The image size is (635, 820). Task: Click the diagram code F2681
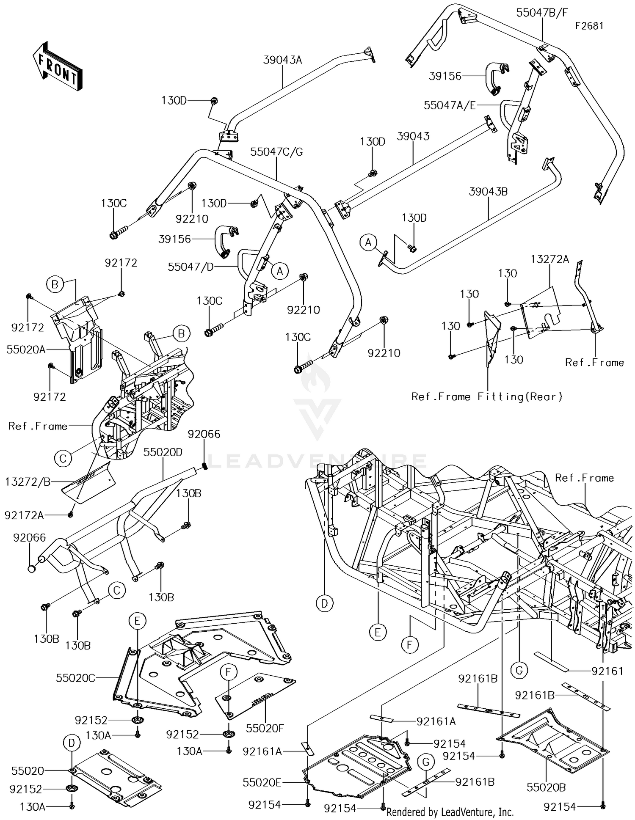tap(589, 26)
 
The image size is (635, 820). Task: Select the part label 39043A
tap(282, 60)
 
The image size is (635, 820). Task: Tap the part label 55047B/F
tap(542, 13)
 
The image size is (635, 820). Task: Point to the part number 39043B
tap(488, 192)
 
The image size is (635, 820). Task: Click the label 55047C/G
tap(276, 152)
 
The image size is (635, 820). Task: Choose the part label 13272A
tap(550, 259)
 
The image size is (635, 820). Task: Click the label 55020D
tap(163, 452)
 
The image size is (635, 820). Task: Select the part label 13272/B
tap(28, 482)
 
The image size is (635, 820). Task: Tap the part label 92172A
tap(24, 515)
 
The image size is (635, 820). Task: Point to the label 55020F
tap(265, 728)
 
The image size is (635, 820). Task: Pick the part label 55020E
tap(262, 783)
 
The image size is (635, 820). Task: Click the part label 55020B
tap(546, 787)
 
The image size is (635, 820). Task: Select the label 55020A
tap(26, 349)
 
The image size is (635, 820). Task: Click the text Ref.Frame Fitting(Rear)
tap(487, 396)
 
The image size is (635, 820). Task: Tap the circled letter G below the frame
tap(519, 670)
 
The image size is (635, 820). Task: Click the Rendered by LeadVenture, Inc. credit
tap(450, 812)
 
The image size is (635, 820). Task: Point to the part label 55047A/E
tap(450, 105)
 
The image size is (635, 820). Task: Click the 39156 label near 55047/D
tap(174, 239)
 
